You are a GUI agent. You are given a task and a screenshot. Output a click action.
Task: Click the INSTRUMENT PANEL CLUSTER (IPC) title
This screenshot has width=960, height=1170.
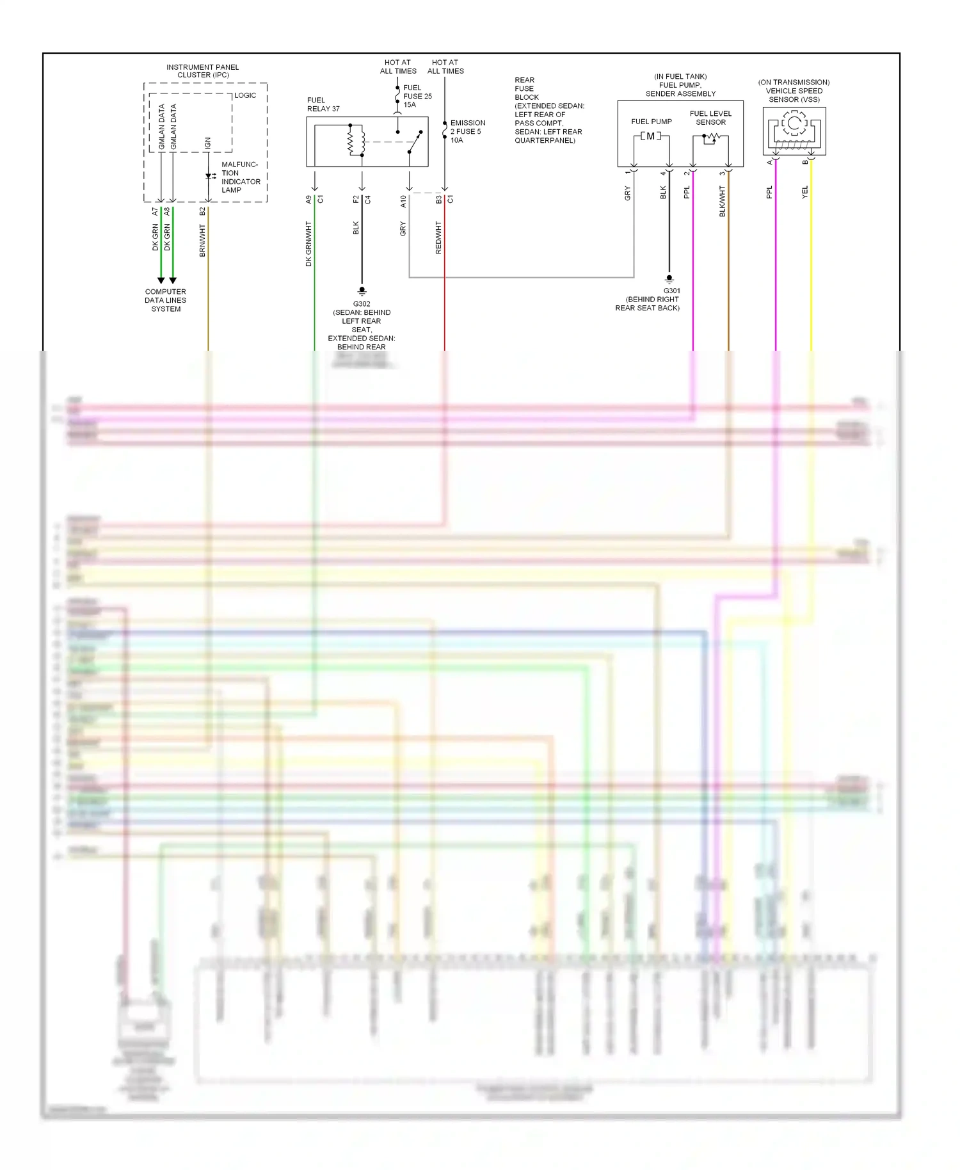(202, 71)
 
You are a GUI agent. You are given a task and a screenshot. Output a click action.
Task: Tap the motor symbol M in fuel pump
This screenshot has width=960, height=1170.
(651, 136)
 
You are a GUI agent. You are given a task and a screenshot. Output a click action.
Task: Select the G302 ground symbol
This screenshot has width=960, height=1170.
(362, 291)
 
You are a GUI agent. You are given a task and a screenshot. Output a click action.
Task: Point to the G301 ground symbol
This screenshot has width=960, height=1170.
(669, 279)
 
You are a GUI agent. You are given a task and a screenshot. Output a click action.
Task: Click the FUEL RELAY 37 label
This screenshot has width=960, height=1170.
(323, 104)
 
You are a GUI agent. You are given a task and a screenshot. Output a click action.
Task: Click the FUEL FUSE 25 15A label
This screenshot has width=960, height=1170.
(417, 96)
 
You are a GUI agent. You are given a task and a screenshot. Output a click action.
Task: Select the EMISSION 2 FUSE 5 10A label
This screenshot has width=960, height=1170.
(467, 131)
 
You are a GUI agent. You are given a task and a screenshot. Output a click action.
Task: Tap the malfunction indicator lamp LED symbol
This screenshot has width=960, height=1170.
(209, 176)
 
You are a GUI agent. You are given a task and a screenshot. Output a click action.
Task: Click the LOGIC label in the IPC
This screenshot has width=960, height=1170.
(245, 95)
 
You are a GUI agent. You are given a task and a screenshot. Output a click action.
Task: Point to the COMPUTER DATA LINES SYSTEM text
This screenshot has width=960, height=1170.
(166, 300)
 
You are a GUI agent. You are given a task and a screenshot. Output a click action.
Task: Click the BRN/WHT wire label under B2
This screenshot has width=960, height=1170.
(202, 240)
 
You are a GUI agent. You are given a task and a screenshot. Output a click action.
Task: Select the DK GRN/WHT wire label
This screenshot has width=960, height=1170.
(308, 244)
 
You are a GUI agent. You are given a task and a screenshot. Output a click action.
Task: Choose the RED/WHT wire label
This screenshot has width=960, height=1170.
(438, 237)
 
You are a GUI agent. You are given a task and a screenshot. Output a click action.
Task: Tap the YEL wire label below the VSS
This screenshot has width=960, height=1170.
(805, 192)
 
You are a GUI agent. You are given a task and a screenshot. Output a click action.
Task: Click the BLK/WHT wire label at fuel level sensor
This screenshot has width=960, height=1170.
(723, 202)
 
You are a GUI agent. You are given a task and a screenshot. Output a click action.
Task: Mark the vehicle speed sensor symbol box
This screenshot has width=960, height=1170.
(794, 131)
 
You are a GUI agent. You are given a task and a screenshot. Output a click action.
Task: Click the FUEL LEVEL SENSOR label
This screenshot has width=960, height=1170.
(710, 118)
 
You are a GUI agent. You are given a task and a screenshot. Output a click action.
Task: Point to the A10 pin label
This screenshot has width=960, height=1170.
(403, 202)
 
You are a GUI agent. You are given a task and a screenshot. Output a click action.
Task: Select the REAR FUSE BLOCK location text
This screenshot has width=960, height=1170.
(548, 110)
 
